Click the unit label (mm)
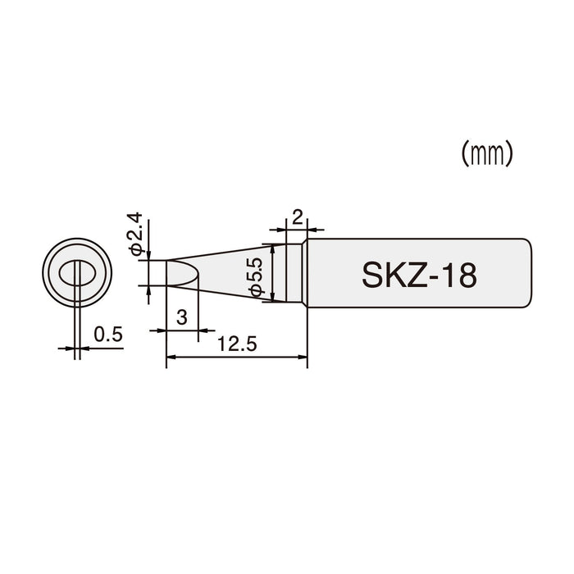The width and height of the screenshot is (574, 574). tap(486, 153)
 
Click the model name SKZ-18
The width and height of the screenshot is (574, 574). tap(417, 275)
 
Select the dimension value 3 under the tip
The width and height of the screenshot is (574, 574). tap(182, 318)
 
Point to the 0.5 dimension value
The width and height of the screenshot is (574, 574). tap(107, 335)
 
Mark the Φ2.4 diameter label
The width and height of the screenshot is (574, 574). tap(137, 233)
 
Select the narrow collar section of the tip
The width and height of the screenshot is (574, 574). tap(297, 274)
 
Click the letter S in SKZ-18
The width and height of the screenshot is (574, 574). tap(372, 275)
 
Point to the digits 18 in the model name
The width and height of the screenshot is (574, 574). tap(460, 275)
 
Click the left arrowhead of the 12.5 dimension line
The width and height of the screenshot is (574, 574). tap(171, 357)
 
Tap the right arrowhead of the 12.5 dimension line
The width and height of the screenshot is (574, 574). tap(303, 357)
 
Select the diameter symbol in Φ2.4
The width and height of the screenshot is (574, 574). tap(137, 248)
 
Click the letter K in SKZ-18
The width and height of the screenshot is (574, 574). tap(394, 275)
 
